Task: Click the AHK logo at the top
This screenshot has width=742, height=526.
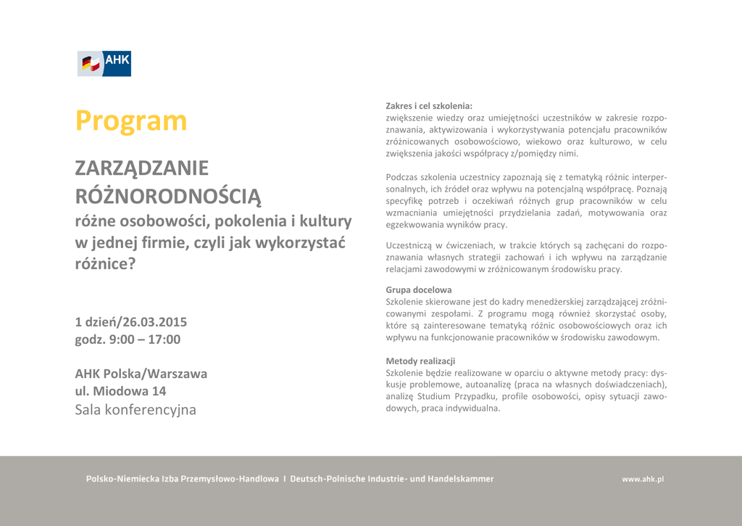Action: pyautogui.click(x=104, y=64)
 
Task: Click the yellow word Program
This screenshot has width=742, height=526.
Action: pyautogui.click(x=131, y=120)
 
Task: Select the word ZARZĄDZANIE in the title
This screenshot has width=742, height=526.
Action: pyautogui.click(x=142, y=168)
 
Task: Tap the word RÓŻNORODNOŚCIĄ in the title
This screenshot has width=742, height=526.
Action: pyautogui.click(x=167, y=196)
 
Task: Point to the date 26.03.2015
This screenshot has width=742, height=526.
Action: pyautogui.click(x=154, y=322)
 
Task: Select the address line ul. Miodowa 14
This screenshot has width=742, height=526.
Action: pyautogui.click(x=120, y=391)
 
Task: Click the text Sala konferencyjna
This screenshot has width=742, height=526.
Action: pyautogui.click(x=136, y=409)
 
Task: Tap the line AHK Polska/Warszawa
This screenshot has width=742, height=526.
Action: pyautogui.click(x=141, y=374)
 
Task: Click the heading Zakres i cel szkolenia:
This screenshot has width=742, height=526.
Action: pyautogui.click(x=428, y=106)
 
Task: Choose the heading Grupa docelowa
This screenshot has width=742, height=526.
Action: pyautogui.click(x=418, y=289)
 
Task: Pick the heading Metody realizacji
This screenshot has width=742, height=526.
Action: pyautogui.click(x=420, y=361)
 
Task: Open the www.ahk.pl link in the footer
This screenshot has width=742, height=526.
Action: pyautogui.click(x=642, y=479)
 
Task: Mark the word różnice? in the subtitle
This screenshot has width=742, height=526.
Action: pyautogui.click(x=105, y=264)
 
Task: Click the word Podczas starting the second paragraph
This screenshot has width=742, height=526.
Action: pyautogui.click(x=401, y=177)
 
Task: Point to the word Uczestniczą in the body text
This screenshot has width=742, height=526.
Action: pyautogui.click(x=409, y=245)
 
